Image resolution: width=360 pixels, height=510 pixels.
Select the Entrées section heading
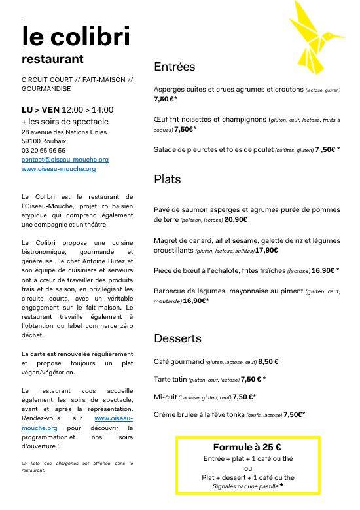(175, 67)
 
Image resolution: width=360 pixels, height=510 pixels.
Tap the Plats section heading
(168, 179)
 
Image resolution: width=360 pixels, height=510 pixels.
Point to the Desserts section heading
(177, 338)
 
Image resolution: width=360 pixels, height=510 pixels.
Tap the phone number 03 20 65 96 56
(43, 150)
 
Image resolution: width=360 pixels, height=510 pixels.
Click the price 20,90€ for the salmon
(238, 220)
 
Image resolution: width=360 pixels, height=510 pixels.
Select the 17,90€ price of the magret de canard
(268, 250)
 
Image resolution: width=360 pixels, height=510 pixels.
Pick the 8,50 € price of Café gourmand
(268, 361)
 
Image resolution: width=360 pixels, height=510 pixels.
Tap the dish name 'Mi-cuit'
(166, 397)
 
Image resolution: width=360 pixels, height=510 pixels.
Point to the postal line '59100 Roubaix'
(45, 141)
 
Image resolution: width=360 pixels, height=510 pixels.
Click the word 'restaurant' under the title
(52, 59)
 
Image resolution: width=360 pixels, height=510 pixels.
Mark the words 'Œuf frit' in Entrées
(168, 120)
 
